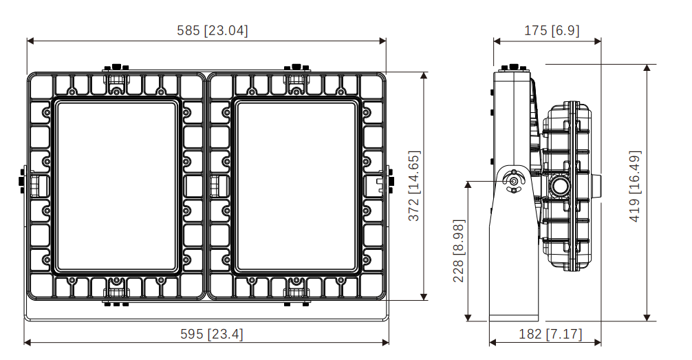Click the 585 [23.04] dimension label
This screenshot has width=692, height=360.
(x=213, y=30)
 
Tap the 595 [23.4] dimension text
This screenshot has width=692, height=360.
(x=211, y=333)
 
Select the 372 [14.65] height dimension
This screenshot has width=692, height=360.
(x=413, y=186)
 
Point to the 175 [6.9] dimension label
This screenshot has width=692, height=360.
(x=551, y=30)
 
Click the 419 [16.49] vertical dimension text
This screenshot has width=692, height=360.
(x=634, y=186)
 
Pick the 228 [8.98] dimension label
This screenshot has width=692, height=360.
(x=459, y=251)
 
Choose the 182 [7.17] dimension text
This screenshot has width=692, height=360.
(x=550, y=333)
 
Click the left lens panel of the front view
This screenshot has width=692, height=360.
(x=116, y=187)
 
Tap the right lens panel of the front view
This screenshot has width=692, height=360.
(x=296, y=187)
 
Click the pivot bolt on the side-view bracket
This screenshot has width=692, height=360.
(x=514, y=180)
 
